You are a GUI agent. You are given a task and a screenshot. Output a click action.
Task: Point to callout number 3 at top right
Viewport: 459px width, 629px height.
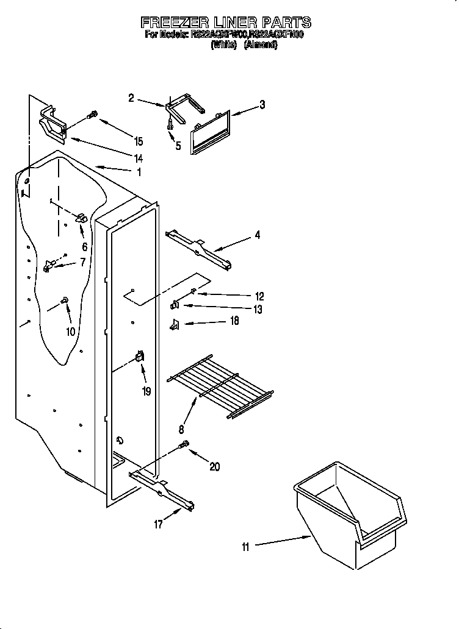[x=262, y=105]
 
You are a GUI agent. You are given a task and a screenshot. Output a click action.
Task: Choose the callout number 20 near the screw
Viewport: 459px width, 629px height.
[x=214, y=467]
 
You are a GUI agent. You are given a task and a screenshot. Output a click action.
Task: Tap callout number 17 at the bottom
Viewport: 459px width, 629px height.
[x=158, y=524]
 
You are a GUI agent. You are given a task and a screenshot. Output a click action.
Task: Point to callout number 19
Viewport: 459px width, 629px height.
[x=146, y=391]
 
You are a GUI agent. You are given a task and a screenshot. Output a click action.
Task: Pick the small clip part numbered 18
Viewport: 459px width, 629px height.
[x=174, y=324]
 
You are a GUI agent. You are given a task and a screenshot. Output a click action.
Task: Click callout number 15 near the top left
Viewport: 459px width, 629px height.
[x=139, y=141]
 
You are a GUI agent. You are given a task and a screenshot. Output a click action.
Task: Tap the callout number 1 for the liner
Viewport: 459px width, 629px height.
[x=139, y=172]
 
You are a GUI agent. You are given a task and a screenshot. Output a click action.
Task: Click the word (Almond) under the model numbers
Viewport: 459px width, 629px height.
[x=261, y=46]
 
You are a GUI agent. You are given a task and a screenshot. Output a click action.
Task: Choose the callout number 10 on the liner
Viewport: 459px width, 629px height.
[x=70, y=332]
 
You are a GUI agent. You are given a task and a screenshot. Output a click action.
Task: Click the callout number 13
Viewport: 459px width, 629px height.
[x=257, y=310]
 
